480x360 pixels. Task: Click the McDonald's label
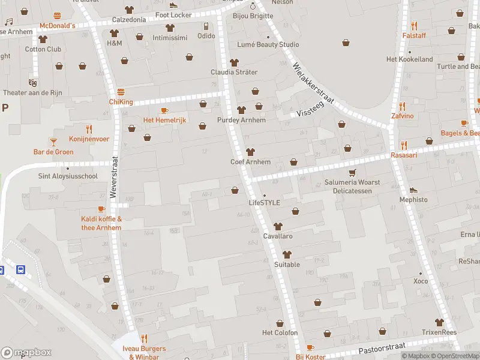coord(57,26)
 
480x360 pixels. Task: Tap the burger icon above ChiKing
coord(121,92)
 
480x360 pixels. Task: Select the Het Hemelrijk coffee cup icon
coord(164,110)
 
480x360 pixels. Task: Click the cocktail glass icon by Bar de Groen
coord(53,142)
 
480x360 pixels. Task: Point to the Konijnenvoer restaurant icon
coord(89,128)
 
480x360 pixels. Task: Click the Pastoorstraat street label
coord(382,348)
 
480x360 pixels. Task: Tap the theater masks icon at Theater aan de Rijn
coord(32,82)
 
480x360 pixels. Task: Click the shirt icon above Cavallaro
coord(277,226)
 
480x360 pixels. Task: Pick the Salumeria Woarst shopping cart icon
coord(353,172)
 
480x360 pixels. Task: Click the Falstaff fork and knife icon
coord(414,26)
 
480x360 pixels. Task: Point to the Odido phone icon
coord(206,26)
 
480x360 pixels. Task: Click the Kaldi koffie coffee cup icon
coord(101,209)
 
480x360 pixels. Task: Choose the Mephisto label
coord(414,199)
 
